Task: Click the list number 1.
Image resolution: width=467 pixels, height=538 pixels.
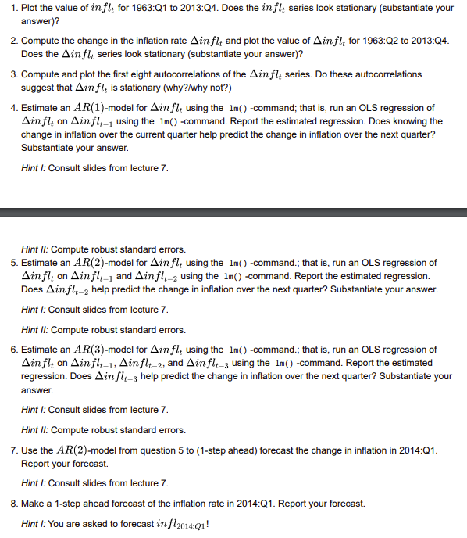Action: (x=12, y=8)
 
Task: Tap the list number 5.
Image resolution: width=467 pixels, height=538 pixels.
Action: (x=12, y=263)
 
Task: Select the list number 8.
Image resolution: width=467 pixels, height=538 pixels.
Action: (x=12, y=504)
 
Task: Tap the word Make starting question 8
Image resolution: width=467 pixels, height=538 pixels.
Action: (x=34, y=504)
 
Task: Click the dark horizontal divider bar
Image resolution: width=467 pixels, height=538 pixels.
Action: (x=233, y=212)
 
